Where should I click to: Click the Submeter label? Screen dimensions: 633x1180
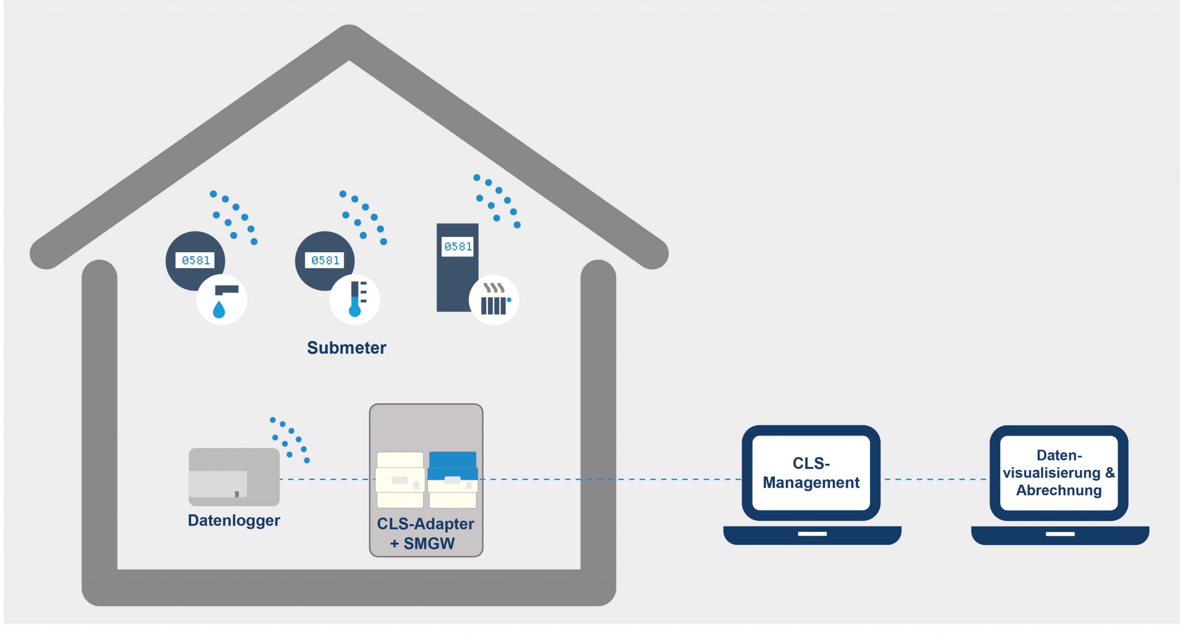coord(346,348)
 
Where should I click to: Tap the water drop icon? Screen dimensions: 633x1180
coord(219,310)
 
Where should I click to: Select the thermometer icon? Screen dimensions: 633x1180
coord(355,300)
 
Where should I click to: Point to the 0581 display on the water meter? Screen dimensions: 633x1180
coord(195,260)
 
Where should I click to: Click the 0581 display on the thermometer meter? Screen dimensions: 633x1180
coord(325,260)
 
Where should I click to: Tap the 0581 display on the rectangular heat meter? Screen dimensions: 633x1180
coord(458,247)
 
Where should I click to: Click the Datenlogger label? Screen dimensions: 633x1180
coord(234,521)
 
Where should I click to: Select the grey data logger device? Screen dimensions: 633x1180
coord(234,477)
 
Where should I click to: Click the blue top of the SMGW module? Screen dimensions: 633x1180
coord(453,460)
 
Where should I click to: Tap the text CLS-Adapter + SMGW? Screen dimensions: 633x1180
coord(425,533)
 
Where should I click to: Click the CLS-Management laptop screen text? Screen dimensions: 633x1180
coord(811,473)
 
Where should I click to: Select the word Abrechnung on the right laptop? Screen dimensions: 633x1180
coord(1059,491)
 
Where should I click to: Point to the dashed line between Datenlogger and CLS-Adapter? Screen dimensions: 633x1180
coord(325,479)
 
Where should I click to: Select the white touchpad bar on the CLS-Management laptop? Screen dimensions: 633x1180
coord(812,534)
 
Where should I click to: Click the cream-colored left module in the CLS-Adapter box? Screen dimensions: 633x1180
coord(400,479)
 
